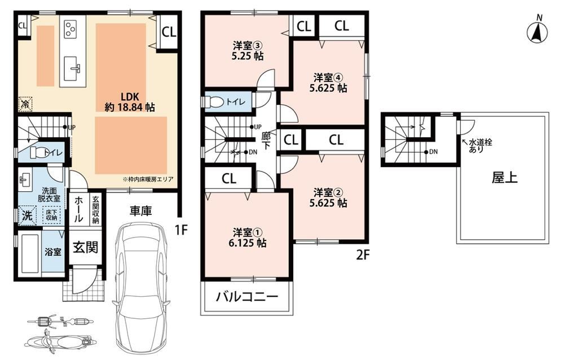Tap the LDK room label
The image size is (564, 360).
pos(130,102)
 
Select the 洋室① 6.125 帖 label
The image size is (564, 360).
pos(248,237)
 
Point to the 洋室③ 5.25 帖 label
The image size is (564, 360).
pos(248,51)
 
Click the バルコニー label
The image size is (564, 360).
pos(248,297)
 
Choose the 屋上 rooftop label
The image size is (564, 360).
pos(505,178)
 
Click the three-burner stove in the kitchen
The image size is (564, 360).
pos(70,29)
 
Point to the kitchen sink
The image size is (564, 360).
pos(73,68)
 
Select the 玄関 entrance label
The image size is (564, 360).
pos(85,247)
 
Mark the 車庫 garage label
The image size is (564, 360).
pos(140,210)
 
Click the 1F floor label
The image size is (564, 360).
pos(182,229)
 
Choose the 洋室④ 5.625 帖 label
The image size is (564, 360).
pos(328,83)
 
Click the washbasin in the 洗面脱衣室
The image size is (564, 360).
pos(25,179)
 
